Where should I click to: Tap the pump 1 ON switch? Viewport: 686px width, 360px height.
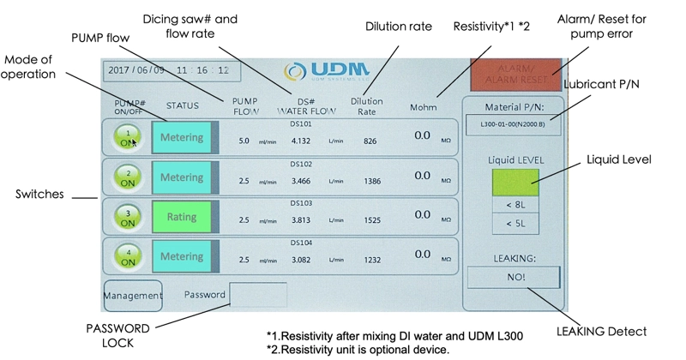(128, 138)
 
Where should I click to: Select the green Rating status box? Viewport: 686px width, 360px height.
(182, 218)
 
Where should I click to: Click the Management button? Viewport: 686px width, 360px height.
(132, 296)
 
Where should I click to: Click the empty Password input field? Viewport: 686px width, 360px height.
(258, 295)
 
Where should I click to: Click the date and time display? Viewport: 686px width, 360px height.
(168, 70)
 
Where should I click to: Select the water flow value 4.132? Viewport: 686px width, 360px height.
(300, 141)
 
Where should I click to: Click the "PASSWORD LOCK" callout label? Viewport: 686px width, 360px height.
(118, 334)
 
